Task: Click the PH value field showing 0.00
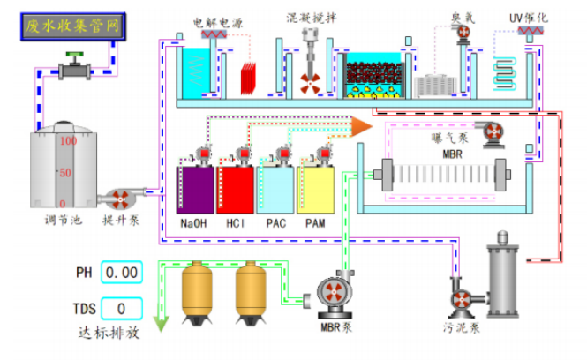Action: pyautogui.click(x=121, y=273)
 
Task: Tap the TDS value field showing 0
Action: pyautogui.click(x=121, y=309)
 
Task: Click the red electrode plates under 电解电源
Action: pyautogui.click(x=252, y=80)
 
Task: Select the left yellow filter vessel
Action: pyautogui.click(x=196, y=290)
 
